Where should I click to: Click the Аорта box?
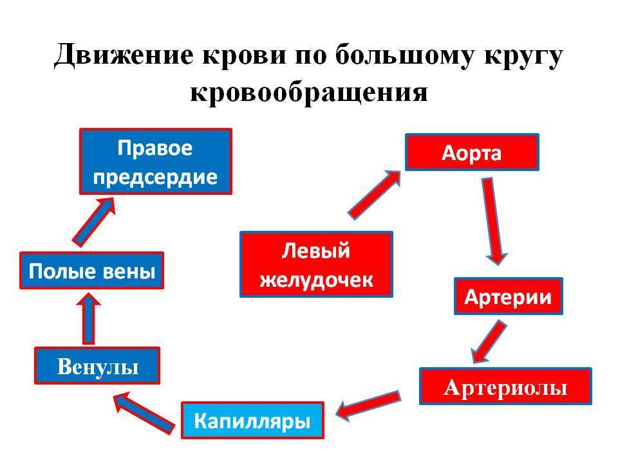[x=472, y=152]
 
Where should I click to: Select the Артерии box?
[x=509, y=296]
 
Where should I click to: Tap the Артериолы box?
[x=506, y=386]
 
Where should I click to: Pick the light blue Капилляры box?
[x=252, y=420]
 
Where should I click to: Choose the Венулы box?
[x=97, y=366]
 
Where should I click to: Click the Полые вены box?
[x=92, y=271]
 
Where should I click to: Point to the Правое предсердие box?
[x=156, y=161]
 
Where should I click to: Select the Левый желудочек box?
[x=317, y=264]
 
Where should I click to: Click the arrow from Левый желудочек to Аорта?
[x=375, y=194]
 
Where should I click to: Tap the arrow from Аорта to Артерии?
[x=492, y=221]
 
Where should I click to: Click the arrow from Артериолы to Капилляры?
[x=368, y=406]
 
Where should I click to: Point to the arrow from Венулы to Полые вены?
[x=89, y=319]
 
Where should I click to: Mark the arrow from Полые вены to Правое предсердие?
[x=94, y=222]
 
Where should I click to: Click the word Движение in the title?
[x=124, y=55]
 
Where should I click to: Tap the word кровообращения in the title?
[x=309, y=93]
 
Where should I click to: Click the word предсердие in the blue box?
[x=155, y=177]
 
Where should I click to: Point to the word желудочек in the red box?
[x=317, y=280]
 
